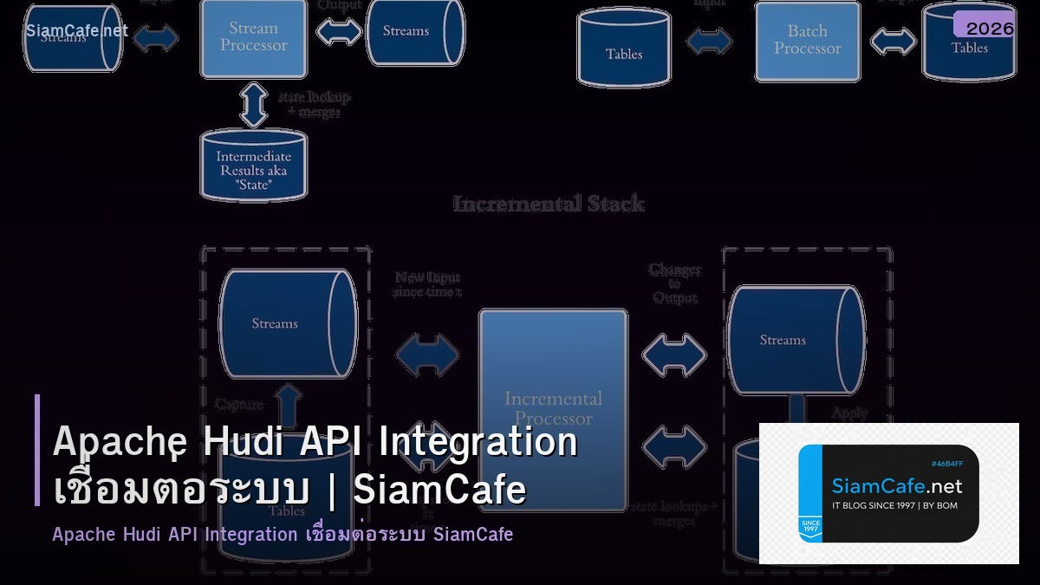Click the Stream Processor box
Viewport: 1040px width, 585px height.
pos(253,38)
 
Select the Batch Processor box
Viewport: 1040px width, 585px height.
pos(807,41)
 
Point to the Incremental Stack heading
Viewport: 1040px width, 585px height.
pos(549,205)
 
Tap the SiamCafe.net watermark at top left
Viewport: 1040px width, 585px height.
pos(76,31)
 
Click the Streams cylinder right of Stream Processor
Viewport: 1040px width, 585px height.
pos(406,32)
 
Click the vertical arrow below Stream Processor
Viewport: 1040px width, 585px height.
pos(253,104)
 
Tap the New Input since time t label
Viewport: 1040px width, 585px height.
pos(427,284)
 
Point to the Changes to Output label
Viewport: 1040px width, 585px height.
pos(674,283)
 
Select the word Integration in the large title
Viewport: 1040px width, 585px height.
pos(478,442)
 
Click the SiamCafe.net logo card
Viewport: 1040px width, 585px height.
pos(888,494)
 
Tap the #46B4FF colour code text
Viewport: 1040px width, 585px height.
pos(947,464)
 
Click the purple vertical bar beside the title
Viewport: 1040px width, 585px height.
pos(37,450)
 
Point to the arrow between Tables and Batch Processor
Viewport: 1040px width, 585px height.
pos(709,41)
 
